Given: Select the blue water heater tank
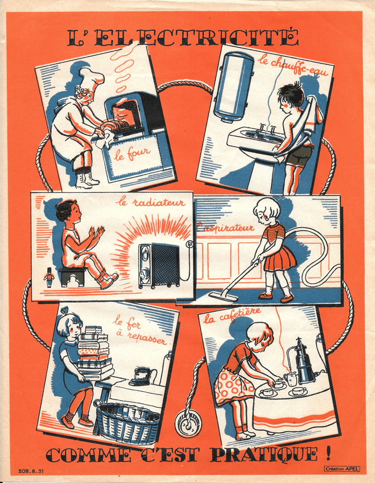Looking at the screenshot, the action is point(233,87).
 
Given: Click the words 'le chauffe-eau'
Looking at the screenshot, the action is point(292,65).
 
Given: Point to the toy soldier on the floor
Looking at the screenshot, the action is point(49,277).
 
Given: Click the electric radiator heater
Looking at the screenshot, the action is point(159,266).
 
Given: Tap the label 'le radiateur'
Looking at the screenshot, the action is point(151,202).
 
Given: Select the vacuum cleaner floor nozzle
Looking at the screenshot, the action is point(224,296).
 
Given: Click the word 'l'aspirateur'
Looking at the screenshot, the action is point(225,228).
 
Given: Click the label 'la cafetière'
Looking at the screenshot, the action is point(233,315).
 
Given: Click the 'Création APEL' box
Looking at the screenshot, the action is point(342,469).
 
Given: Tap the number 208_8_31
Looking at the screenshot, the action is point(31,471).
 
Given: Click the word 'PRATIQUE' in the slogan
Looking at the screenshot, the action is point(264,455).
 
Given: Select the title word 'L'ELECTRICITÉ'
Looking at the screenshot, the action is point(183,38).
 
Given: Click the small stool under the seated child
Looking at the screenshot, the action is point(73,276).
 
